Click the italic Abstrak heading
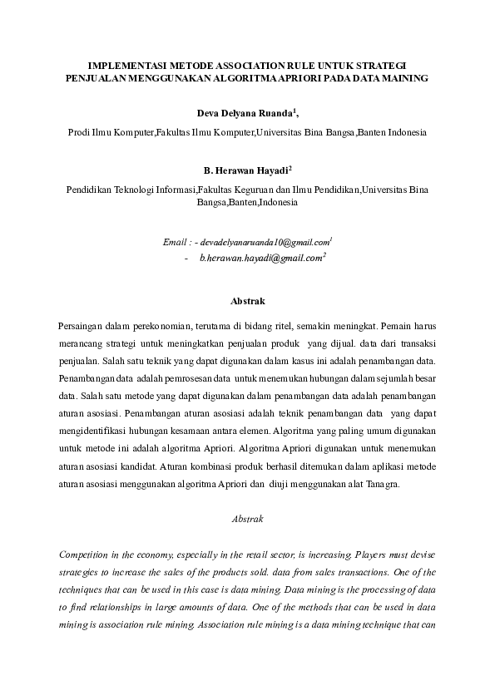tap(247, 520)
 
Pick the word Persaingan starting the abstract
tap(84, 325)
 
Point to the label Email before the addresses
tap(176, 242)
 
